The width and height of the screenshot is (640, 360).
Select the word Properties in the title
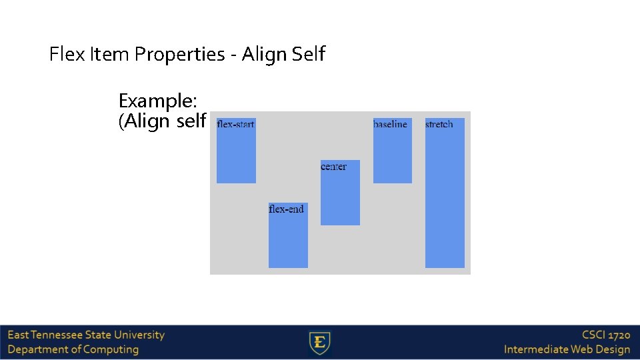tap(179, 55)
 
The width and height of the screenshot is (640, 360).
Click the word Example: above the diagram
tap(157, 101)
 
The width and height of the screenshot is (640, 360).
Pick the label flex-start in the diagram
tap(236, 125)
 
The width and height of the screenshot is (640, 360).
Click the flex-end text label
tap(286, 209)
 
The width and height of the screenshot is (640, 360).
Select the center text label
tap(333, 167)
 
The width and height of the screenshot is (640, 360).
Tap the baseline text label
tap(390, 125)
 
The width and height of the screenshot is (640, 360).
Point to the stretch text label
tap(439, 125)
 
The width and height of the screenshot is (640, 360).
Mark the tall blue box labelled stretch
tap(445, 200)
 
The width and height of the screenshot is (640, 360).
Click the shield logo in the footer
tap(320, 343)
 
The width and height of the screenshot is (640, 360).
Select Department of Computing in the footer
tap(73, 350)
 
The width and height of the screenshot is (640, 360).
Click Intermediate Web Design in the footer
tap(567, 350)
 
